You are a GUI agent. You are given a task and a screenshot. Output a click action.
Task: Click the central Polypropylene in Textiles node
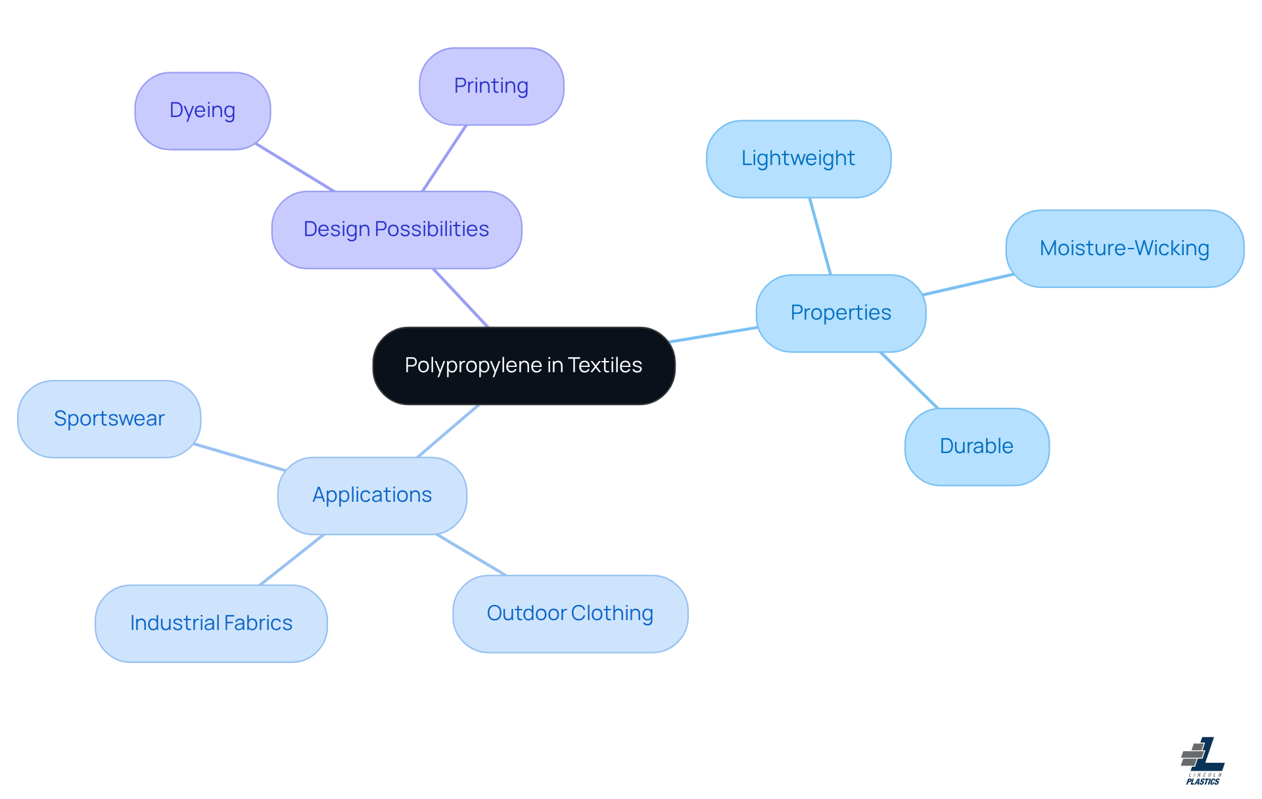[x=523, y=366]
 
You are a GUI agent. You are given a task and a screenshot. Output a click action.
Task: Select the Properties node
[x=841, y=313]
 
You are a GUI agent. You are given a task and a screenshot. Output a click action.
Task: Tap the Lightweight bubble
[x=798, y=158]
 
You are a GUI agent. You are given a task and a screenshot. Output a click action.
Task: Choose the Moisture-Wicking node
[x=1124, y=249]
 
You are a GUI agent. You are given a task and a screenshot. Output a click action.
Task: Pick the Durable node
[x=976, y=447]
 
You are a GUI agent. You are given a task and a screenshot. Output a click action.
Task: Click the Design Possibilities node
[x=396, y=230]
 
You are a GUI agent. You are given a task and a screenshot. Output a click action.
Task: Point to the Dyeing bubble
[x=202, y=110]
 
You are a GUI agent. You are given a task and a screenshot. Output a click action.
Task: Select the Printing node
[x=491, y=86]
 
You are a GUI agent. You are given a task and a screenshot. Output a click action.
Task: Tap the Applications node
[x=372, y=495]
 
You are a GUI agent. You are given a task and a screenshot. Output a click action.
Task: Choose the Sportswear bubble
[x=109, y=419]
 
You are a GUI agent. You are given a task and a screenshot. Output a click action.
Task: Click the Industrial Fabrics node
[x=211, y=623]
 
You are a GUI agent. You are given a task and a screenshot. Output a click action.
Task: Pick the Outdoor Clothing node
[x=570, y=614]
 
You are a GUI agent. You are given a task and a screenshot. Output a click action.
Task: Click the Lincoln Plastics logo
[x=1203, y=761]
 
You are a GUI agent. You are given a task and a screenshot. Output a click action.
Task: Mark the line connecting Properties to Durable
[x=909, y=380]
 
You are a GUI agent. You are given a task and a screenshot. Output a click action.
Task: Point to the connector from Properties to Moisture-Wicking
[x=968, y=284]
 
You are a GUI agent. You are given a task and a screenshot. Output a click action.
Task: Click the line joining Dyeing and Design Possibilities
[x=295, y=168]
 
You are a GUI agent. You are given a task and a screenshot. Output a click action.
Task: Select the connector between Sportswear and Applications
[x=240, y=457]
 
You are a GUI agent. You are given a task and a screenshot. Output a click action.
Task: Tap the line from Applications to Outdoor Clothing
[x=471, y=554]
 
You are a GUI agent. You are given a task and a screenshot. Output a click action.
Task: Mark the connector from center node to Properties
[x=714, y=334]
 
